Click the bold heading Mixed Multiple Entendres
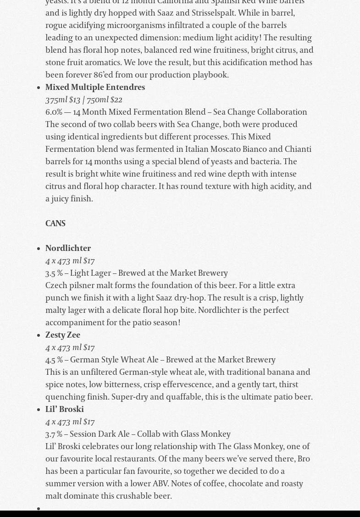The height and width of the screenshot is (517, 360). (x=95, y=87)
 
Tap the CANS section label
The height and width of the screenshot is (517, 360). (x=55, y=223)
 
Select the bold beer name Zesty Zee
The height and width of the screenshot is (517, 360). (x=63, y=335)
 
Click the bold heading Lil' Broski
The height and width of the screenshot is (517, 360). (x=65, y=409)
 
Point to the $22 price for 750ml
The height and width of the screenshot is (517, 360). (x=116, y=100)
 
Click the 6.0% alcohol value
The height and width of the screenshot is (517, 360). (x=54, y=112)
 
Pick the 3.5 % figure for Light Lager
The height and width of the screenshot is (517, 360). (x=54, y=273)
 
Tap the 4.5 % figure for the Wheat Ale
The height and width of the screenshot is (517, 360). (x=54, y=360)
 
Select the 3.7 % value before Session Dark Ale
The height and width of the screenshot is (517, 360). (x=54, y=434)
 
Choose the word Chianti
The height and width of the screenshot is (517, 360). (x=298, y=149)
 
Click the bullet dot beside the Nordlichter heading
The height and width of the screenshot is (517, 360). (x=39, y=249)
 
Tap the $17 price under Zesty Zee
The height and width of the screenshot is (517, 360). (x=89, y=347)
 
